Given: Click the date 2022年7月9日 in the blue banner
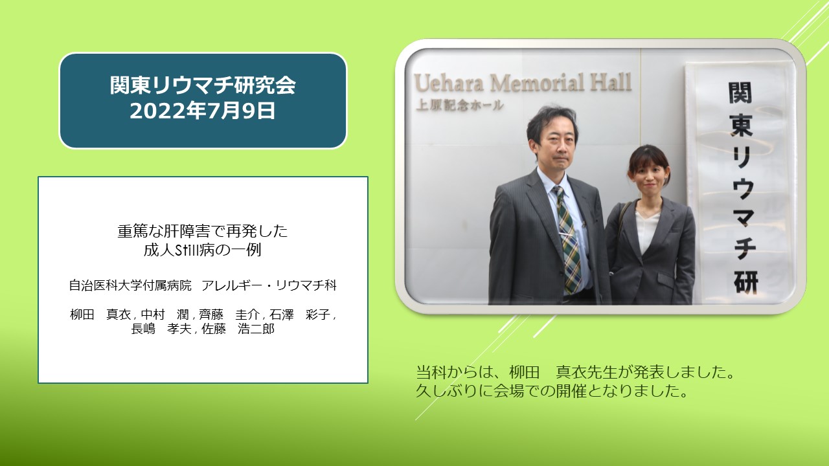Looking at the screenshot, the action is pyautogui.click(x=203, y=111).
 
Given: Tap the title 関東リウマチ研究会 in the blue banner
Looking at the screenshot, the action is pyautogui.click(x=203, y=85).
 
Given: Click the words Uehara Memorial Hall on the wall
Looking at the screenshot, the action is pyautogui.click(x=522, y=82).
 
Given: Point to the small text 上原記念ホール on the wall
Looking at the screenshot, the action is pyautogui.click(x=459, y=105).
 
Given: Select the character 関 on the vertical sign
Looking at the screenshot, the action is pyautogui.click(x=740, y=93).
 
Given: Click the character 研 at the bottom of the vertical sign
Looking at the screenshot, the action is pyautogui.click(x=745, y=283).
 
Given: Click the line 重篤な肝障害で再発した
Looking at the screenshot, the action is pyautogui.click(x=203, y=232).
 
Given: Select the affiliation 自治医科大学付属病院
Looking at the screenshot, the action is pyautogui.click(x=130, y=285).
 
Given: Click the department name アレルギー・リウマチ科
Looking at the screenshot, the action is pyautogui.click(x=269, y=285).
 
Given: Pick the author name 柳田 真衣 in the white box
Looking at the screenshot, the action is pyautogui.click(x=100, y=315).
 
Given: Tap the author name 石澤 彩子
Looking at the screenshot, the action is pyautogui.click(x=299, y=315).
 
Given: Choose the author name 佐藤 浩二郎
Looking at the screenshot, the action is pyautogui.click(x=238, y=329).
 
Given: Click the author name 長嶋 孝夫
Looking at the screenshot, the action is pyautogui.click(x=161, y=329).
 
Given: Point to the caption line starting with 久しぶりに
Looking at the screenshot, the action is pyautogui.click(x=552, y=391).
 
